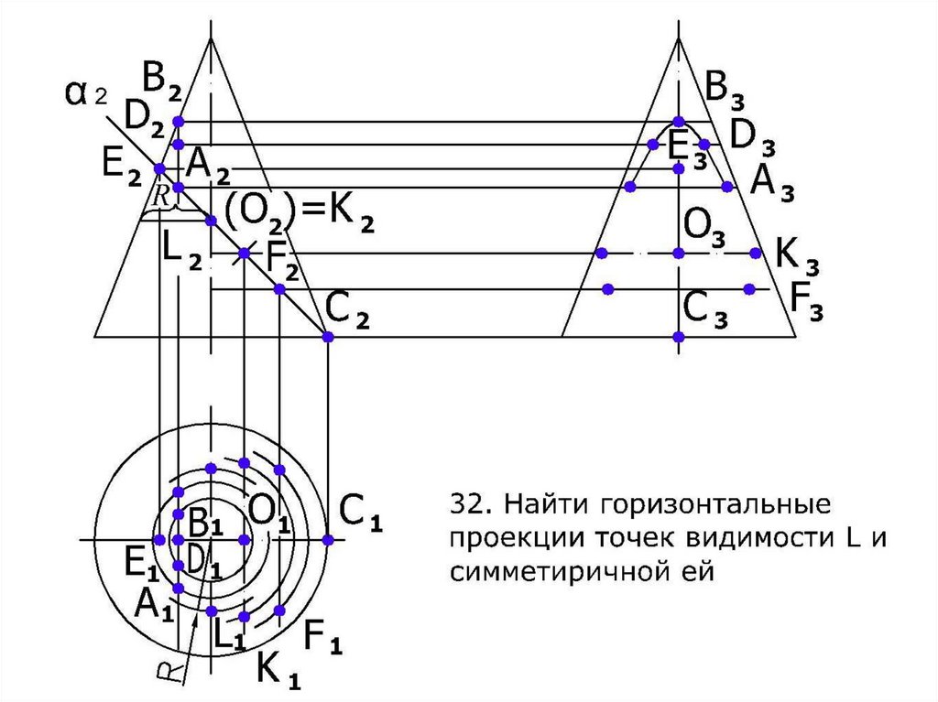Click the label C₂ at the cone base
(x=348, y=315)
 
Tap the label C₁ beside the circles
(x=359, y=512)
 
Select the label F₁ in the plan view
(x=322, y=636)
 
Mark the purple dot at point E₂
(x=159, y=169)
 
